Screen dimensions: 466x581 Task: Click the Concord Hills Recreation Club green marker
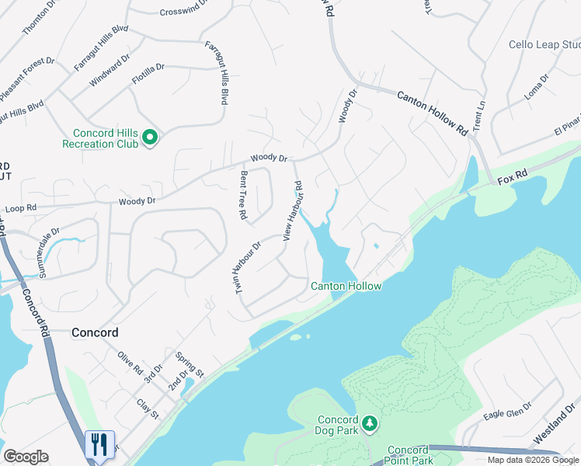click(150, 138)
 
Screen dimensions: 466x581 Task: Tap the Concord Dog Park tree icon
click(371, 423)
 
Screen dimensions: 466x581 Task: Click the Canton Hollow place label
click(346, 287)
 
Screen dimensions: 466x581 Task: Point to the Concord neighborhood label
click(95, 332)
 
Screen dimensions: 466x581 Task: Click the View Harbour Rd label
click(292, 210)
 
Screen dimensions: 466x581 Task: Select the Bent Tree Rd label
click(243, 194)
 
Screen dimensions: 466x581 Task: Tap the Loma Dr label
click(536, 88)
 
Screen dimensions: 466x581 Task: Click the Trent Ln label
click(478, 116)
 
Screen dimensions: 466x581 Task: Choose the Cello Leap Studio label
click(544, 45)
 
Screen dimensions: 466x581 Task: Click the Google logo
click(26, 457)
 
